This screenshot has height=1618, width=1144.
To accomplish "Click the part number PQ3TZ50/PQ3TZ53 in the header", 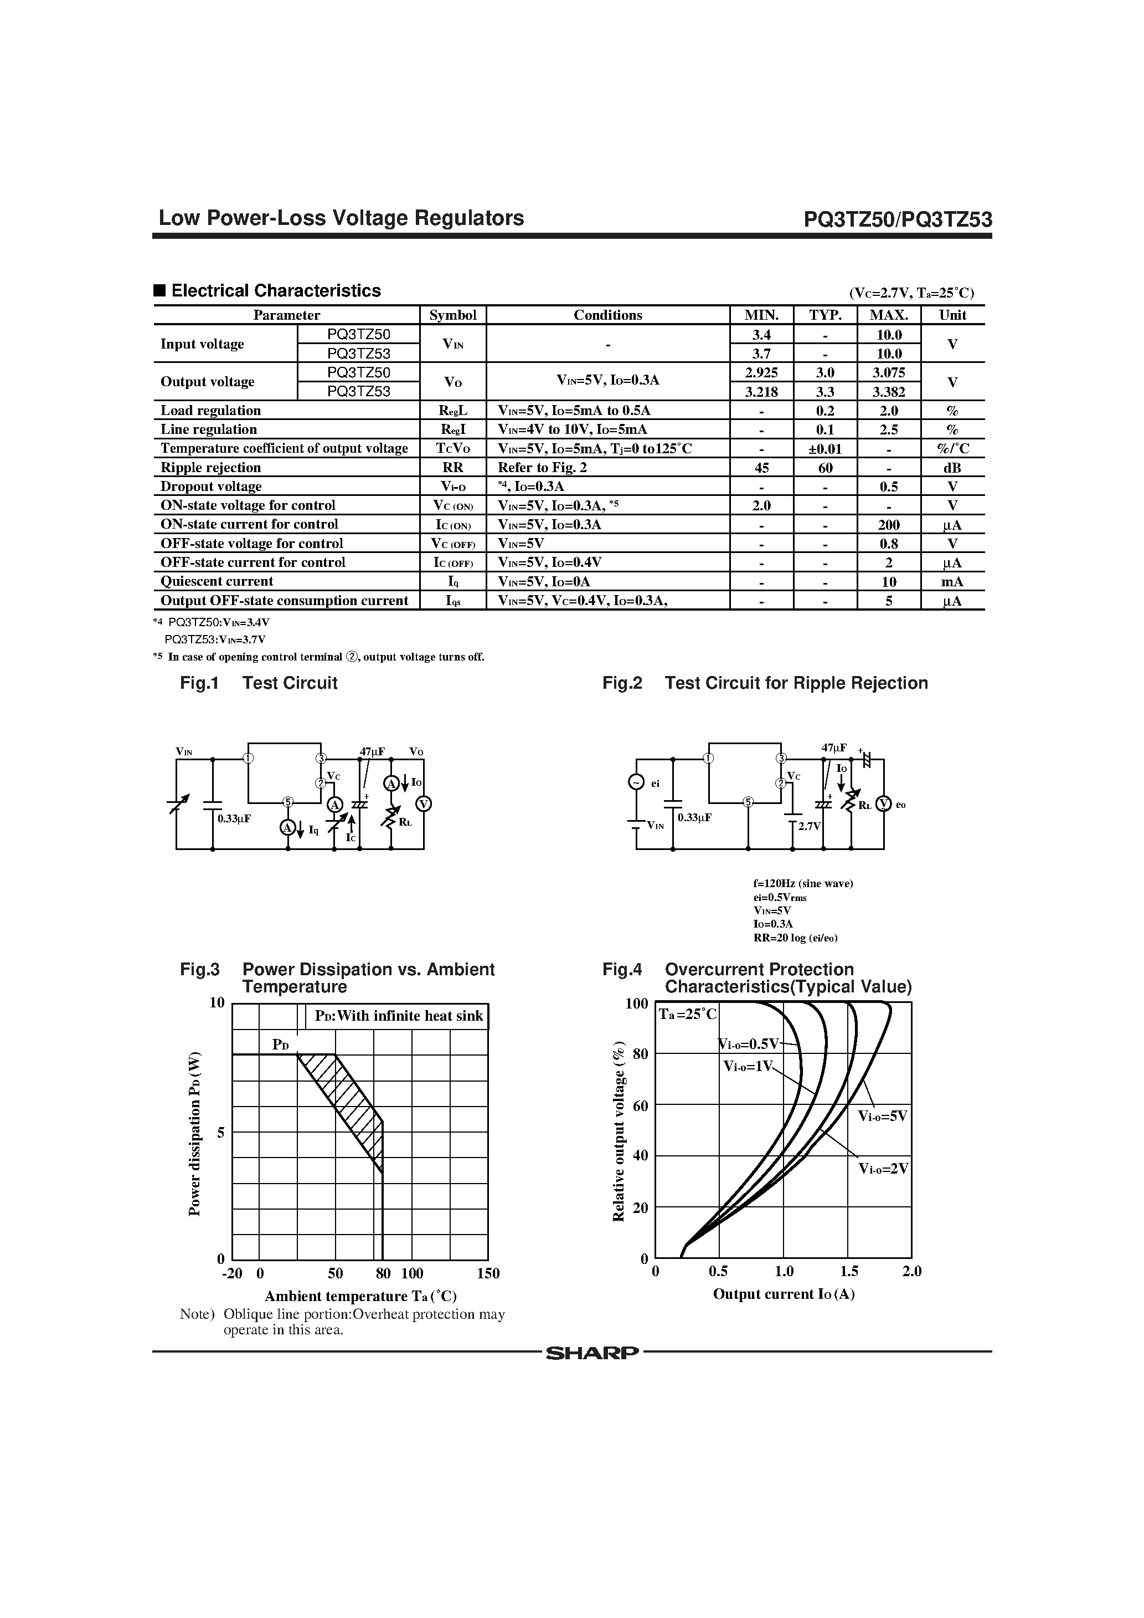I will click(898, 220).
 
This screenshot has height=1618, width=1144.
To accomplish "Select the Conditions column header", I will click(607, 315).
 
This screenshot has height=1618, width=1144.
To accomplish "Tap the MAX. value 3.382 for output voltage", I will click(888, 392).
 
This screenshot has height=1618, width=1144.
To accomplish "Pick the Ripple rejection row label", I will click(210, 467).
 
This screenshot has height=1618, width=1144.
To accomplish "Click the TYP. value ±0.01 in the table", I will click(825, 449).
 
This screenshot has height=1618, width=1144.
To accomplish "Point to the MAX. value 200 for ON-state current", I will click(888, 525).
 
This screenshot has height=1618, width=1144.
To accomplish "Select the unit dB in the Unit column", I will click(952, 468).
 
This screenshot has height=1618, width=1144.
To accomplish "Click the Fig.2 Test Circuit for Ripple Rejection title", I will click(765, 683).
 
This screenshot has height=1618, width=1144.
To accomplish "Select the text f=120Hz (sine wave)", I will click(802, 884).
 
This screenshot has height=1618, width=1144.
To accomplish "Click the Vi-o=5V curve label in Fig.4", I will click(882, 1116).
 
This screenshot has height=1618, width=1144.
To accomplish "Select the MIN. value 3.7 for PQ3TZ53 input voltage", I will click(761, 354).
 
